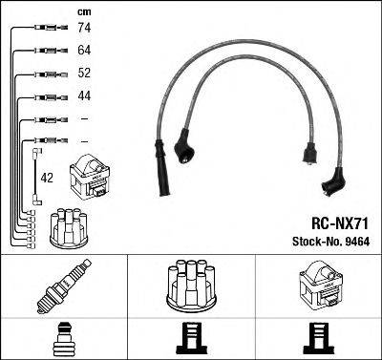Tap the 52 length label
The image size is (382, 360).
(x=83, y=74)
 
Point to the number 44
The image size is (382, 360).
(x=83, y=95)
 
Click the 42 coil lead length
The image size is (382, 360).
(x=47, y=177)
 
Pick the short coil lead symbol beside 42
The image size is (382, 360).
(x=35, y=177)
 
